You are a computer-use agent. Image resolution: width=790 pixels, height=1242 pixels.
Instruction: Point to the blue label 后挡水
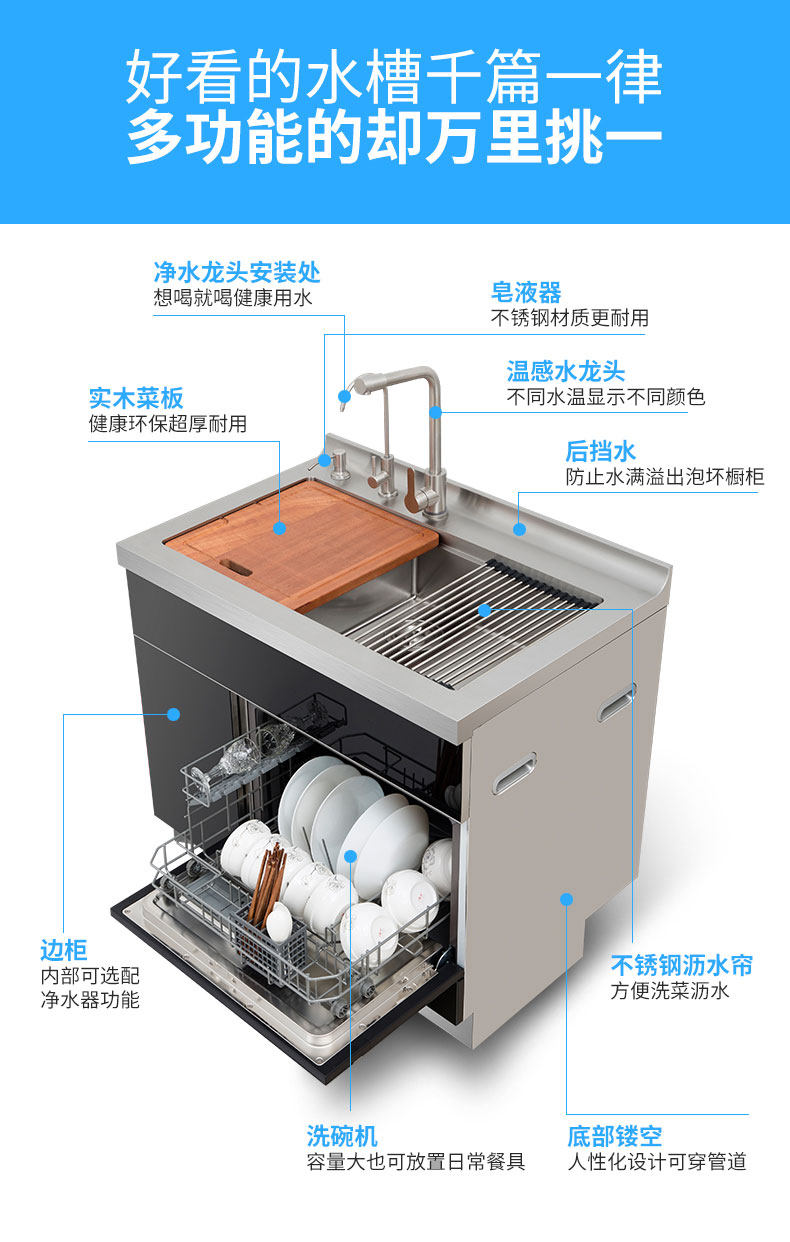[600, 451]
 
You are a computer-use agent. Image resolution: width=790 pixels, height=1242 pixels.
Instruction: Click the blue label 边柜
[64, 950]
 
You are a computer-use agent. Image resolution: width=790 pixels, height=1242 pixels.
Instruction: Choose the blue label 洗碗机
[342, 1136]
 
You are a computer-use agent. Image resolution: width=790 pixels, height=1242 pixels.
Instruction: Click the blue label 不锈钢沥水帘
[681, 965]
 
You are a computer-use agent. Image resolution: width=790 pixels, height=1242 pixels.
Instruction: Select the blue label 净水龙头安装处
[237, 272]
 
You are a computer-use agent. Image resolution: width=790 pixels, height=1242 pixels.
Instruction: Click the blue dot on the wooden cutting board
[280, 527]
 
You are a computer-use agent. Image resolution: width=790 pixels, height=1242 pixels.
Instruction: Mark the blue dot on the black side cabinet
[173, 714]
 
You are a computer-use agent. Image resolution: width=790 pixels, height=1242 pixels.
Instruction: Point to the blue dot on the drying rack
[484, 608]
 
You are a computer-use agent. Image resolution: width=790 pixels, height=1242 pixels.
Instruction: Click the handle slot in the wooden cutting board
[236, 567]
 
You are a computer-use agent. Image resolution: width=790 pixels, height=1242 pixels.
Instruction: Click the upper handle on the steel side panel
[615, 703]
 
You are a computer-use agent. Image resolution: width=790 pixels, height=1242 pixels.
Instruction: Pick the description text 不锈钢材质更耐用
[569, 318]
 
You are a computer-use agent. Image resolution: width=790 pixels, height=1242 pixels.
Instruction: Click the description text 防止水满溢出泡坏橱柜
[664, 477]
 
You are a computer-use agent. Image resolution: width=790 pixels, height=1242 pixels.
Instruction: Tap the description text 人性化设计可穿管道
[656, 1162]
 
